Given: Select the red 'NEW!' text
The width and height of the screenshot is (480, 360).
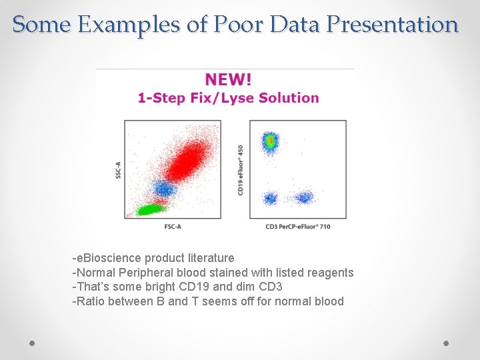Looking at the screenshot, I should tap(229, 79).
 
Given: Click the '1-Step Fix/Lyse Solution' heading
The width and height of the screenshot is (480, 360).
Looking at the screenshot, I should tap(229, 98).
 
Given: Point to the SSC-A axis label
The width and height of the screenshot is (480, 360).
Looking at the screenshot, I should tap(118, 169).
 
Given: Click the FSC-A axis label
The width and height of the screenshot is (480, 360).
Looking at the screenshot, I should tap(173, 227).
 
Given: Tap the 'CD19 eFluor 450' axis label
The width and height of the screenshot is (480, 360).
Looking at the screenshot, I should tap(241, 170).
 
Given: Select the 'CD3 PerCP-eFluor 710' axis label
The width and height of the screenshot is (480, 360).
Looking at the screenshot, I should tap(298, 227).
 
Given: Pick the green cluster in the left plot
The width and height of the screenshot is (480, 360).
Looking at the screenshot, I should tap(149, 209).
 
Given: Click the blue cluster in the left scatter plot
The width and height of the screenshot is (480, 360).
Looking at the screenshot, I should tap(164, 189).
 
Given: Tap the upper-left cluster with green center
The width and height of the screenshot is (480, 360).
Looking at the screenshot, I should tap(270, 141).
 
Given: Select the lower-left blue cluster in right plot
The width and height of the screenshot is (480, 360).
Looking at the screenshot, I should tap(270, 198).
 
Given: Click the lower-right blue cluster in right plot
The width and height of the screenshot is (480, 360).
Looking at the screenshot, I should tap(304, 197).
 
